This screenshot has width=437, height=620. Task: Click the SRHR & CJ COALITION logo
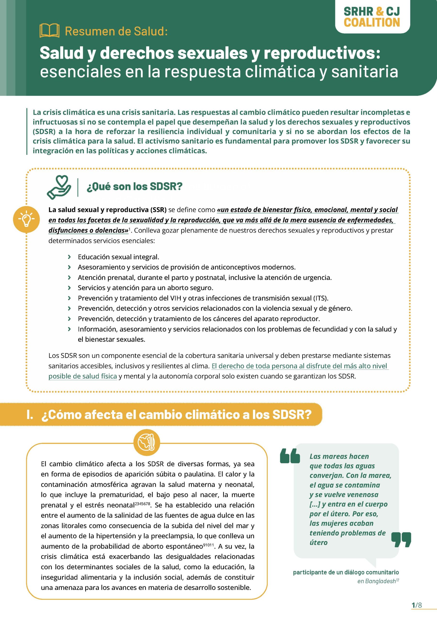[x=372, y=17]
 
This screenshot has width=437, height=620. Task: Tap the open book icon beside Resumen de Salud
[x=49, y=31]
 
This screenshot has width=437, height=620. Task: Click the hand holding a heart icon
[x=59, y=187]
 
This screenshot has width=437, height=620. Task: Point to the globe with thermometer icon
[x=147, y=442]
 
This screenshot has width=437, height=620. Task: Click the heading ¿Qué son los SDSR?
[x=134, y=186]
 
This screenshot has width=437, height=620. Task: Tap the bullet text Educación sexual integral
[x=118, y=257]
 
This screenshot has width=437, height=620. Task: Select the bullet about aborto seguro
[x=145, y=287]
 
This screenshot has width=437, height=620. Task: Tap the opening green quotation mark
[x=290, y=456]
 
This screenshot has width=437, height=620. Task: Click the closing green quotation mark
[x=401, y=540]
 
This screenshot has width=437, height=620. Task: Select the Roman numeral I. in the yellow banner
[x=30, y=414]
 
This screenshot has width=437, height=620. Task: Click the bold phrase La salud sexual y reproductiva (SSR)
[x=107, y=210]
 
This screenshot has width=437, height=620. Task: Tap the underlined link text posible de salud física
[x=83, y=376]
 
